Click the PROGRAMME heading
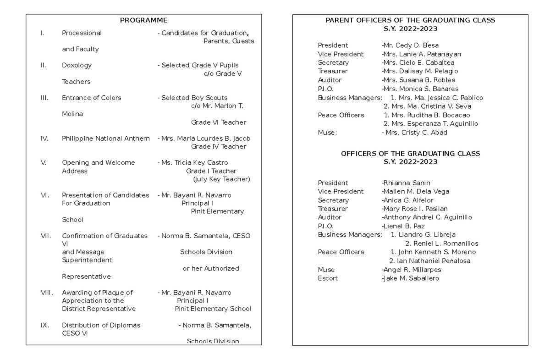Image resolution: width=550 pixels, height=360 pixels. (x=143, y=20)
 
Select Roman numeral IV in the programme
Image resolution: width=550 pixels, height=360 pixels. (x=44, y=138)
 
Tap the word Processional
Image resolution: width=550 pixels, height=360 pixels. (x=82, y=33)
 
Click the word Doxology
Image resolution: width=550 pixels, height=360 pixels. (x=77, y=65)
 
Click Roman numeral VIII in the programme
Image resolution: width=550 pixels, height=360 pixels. (x=47, y=293)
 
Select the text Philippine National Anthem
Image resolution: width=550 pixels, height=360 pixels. (x=106, y=138)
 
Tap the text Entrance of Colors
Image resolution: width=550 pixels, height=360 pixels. (x=92, y=98)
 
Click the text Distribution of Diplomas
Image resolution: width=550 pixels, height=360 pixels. (x=101, y=325)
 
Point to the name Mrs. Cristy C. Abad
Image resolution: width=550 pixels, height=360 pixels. (x=416, y=133)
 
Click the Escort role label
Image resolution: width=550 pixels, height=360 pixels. (x=328, y=278)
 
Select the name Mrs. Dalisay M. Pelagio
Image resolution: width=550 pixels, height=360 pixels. (x=420, y=71)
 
